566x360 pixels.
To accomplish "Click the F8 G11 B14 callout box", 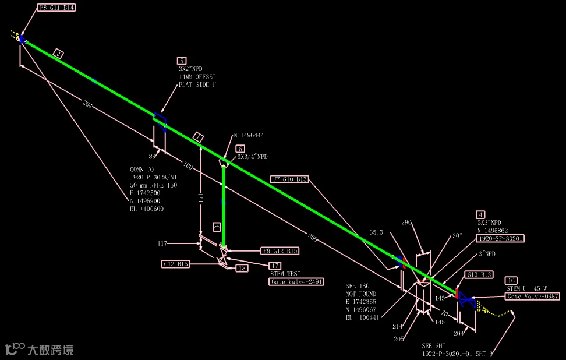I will tap(56, 8).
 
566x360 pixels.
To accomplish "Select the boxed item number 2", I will tap(58, 54).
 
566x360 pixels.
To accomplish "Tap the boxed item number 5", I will tap(182, 60).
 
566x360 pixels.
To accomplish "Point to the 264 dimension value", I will tap(88, 105).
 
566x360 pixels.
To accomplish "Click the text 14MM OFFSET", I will tap(197, 77).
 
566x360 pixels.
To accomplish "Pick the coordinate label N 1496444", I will tap(249, 135).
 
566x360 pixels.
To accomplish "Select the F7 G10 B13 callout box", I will tap(289, 179).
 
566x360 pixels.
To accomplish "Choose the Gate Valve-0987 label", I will tap(532, 297).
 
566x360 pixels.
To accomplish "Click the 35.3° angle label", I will tap(378, 232).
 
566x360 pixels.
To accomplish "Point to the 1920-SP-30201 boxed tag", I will tap(500, 238).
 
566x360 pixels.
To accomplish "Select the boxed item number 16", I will tap(511, 280).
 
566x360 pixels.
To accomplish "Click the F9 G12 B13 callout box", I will tap(280, 251).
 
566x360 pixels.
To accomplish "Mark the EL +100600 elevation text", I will tap(147, 209).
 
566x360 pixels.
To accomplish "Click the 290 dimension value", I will tap(406, 223).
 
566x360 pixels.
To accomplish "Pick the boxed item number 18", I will tap(241, 268).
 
